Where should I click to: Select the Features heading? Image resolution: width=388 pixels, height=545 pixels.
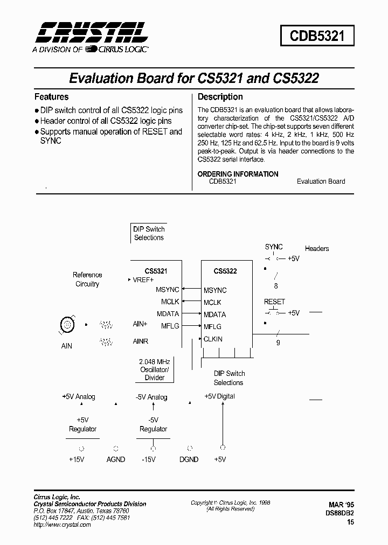click(x=52, y=97)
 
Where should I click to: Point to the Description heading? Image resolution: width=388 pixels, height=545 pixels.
click(x=220, y=97)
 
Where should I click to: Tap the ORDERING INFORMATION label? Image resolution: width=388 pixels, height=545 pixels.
click(x=238, y=174)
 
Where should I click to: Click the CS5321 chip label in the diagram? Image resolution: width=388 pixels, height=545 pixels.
click(x=156, y=271)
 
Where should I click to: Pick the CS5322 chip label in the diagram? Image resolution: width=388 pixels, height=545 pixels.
click(x=225, y=271)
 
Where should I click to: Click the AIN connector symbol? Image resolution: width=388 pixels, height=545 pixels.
click(x=67, y=325)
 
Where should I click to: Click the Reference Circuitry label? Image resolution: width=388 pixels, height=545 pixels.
click(x=87, y=279)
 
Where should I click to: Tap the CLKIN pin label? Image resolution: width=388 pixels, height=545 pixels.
click(x=213, y=339)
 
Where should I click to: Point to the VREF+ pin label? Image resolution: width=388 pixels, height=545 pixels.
click(x=143, y=280)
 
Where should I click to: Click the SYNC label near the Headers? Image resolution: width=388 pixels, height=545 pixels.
click(x=274, y=247)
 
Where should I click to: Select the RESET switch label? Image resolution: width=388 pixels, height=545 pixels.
click(x=274, y=302)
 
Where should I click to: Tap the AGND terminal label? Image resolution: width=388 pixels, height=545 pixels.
click(x=115, y=459)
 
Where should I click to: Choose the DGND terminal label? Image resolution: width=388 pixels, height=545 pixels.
click(x=189, y=459)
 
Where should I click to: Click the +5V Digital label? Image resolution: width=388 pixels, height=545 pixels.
click(x=220, y=396)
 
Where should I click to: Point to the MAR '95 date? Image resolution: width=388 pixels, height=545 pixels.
click(x=341, y=505)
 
